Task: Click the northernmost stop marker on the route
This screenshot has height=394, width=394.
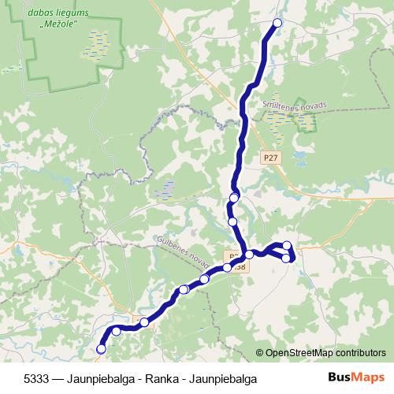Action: (x=277, y=23)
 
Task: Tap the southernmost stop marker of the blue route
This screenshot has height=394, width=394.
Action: (x=101, y=348)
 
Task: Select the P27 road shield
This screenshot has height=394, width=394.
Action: (x=271, y=158)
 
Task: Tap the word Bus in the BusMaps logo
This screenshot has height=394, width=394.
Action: (x=339, y=377)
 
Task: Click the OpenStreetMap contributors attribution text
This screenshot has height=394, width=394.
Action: (x=325, y=353)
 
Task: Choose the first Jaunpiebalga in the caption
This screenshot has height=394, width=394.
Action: (x=101, y=378)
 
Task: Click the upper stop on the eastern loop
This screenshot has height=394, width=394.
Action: (x=287, y=245)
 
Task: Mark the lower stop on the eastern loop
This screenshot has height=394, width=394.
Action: (x=286, y=258)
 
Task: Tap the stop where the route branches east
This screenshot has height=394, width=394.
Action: (x=249, y=254)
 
